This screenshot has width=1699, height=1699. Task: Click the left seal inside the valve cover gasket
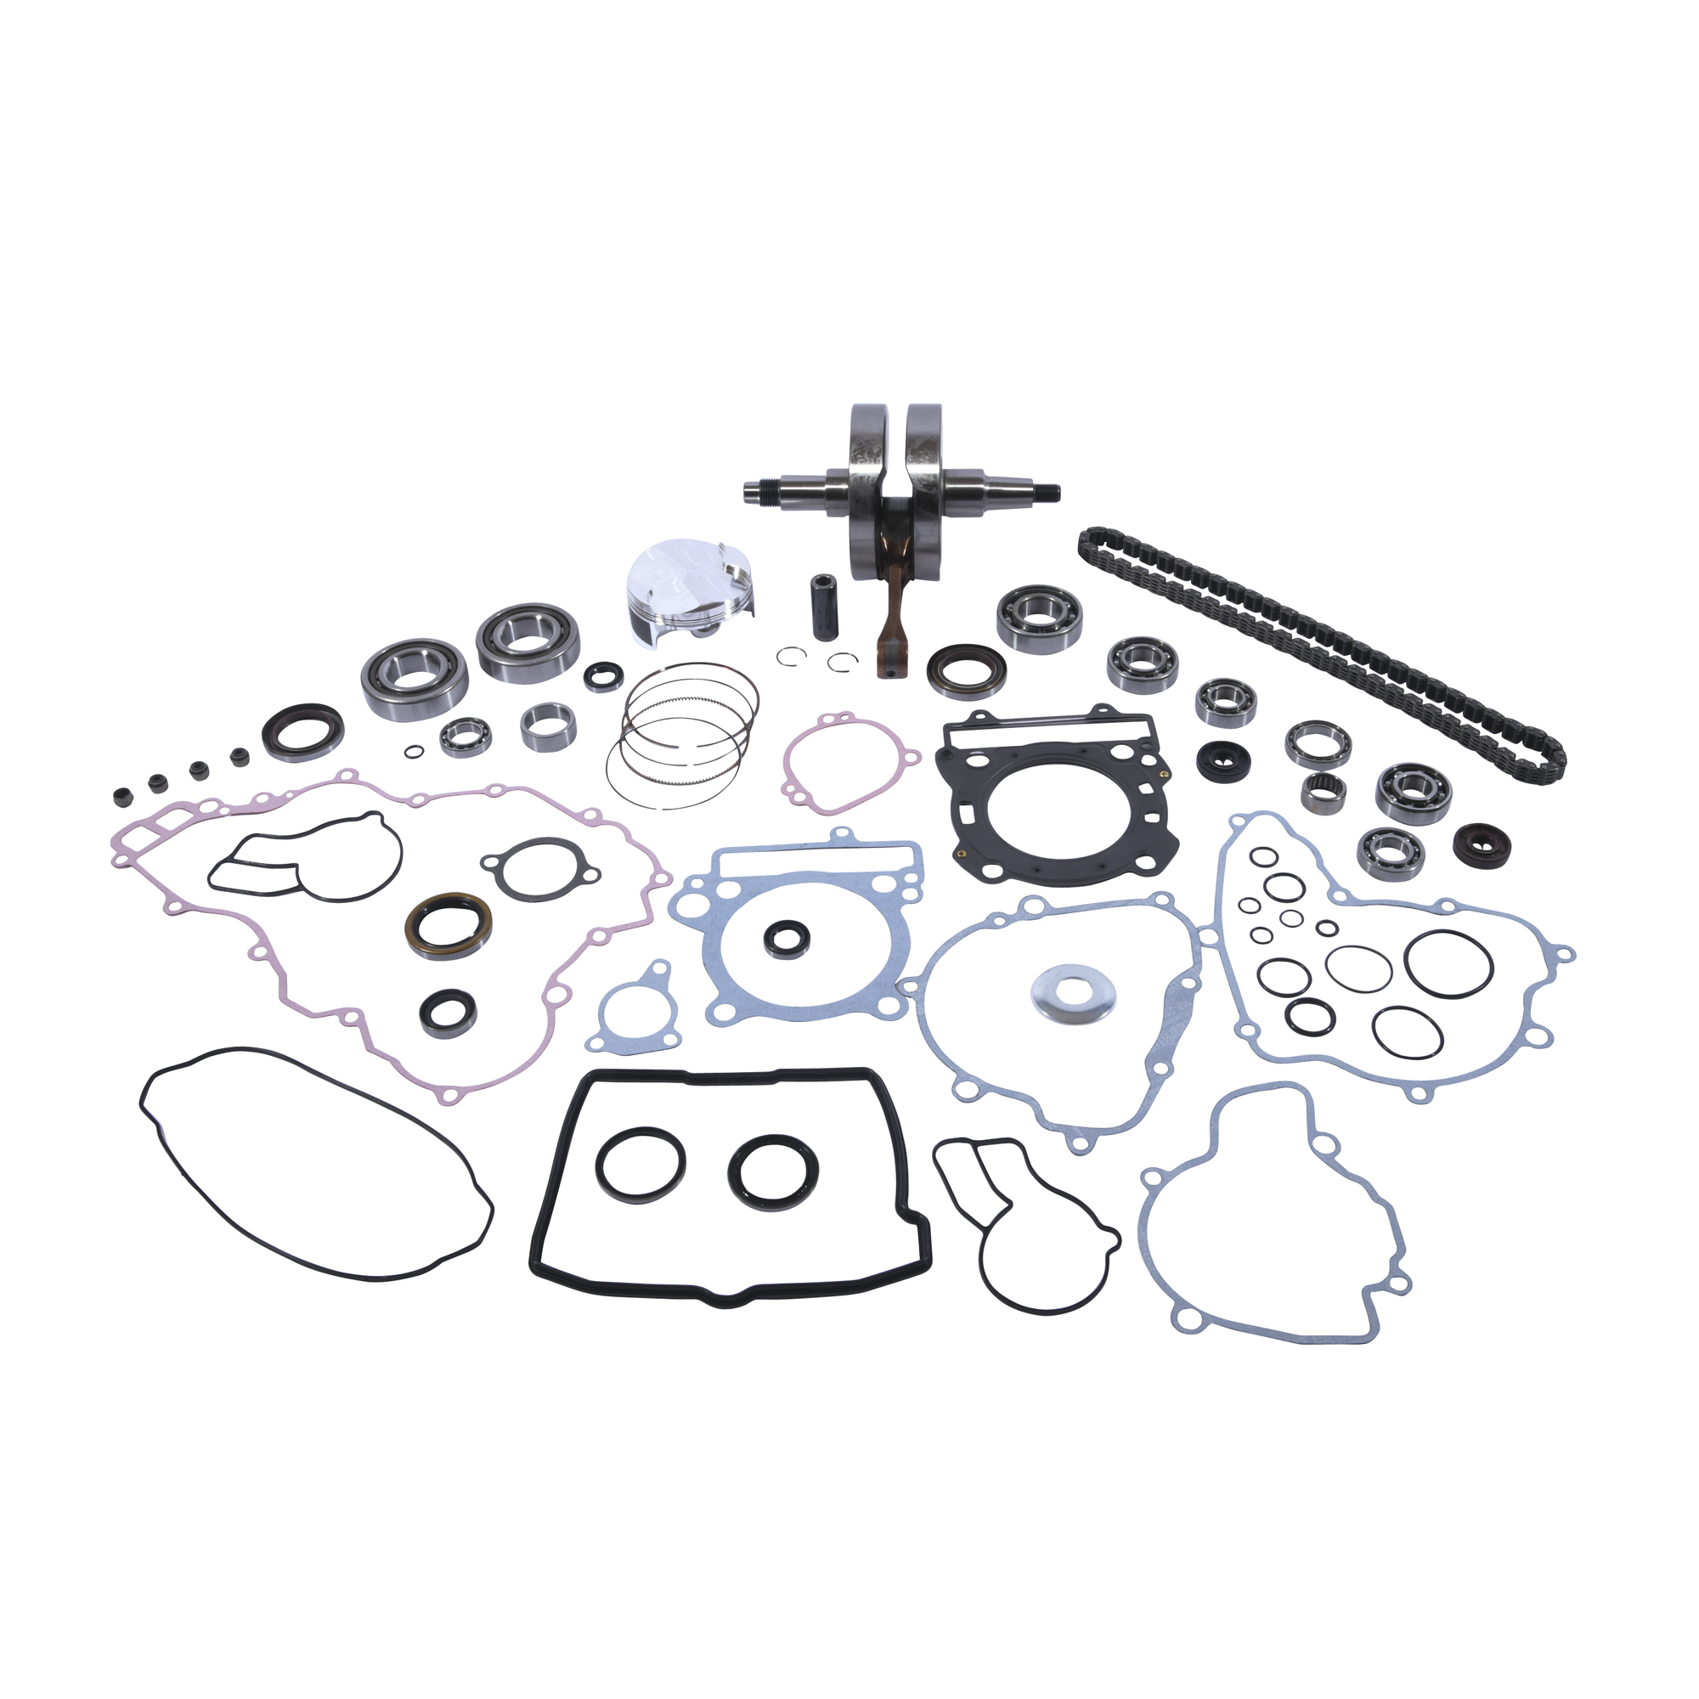(x=641, y=1164)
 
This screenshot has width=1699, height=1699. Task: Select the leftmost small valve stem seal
(x=121, y=798)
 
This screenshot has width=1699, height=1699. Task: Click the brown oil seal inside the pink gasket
(x=449, y=925)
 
